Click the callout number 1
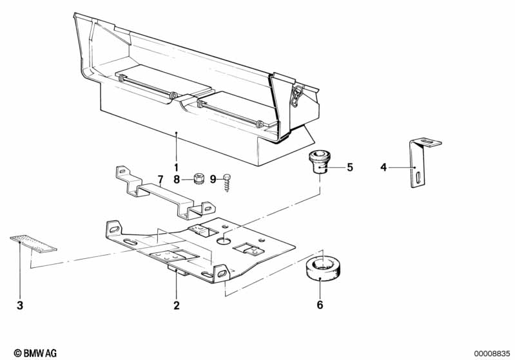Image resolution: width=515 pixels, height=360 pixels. pos(176,167)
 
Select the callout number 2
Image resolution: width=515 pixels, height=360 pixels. pos(177,305)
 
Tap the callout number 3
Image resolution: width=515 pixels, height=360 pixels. pos(20,305)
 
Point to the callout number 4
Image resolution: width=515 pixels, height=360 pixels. pos(384,167)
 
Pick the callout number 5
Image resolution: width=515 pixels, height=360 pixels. pos(350,167)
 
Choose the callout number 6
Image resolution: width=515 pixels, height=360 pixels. pos(320,305)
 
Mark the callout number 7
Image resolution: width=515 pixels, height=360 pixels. pos(160,180)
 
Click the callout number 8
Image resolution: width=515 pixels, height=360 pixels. pos(177,180)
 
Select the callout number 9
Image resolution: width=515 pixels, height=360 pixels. pos(213,180)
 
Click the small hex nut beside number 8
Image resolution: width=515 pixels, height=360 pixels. pos(198,178)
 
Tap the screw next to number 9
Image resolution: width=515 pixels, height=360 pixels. pos(227,183)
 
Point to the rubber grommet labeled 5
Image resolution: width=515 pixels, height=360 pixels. pos(319,162)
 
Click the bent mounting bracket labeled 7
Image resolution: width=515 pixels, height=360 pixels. pos(165,191)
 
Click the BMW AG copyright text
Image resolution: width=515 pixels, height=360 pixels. pos(35,353)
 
